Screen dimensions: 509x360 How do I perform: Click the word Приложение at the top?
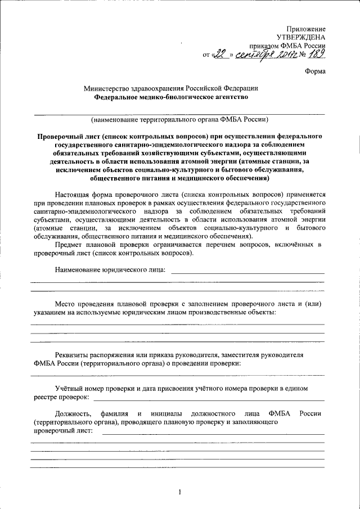[306, 29]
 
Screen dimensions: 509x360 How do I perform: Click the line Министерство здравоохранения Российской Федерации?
[171, 88]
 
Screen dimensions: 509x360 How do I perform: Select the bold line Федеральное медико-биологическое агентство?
[171, 97]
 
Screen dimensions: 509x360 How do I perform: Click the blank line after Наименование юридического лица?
[247, 272]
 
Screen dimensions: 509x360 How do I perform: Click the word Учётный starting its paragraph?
[70, 388]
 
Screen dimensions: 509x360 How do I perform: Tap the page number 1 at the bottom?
[179, 493]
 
